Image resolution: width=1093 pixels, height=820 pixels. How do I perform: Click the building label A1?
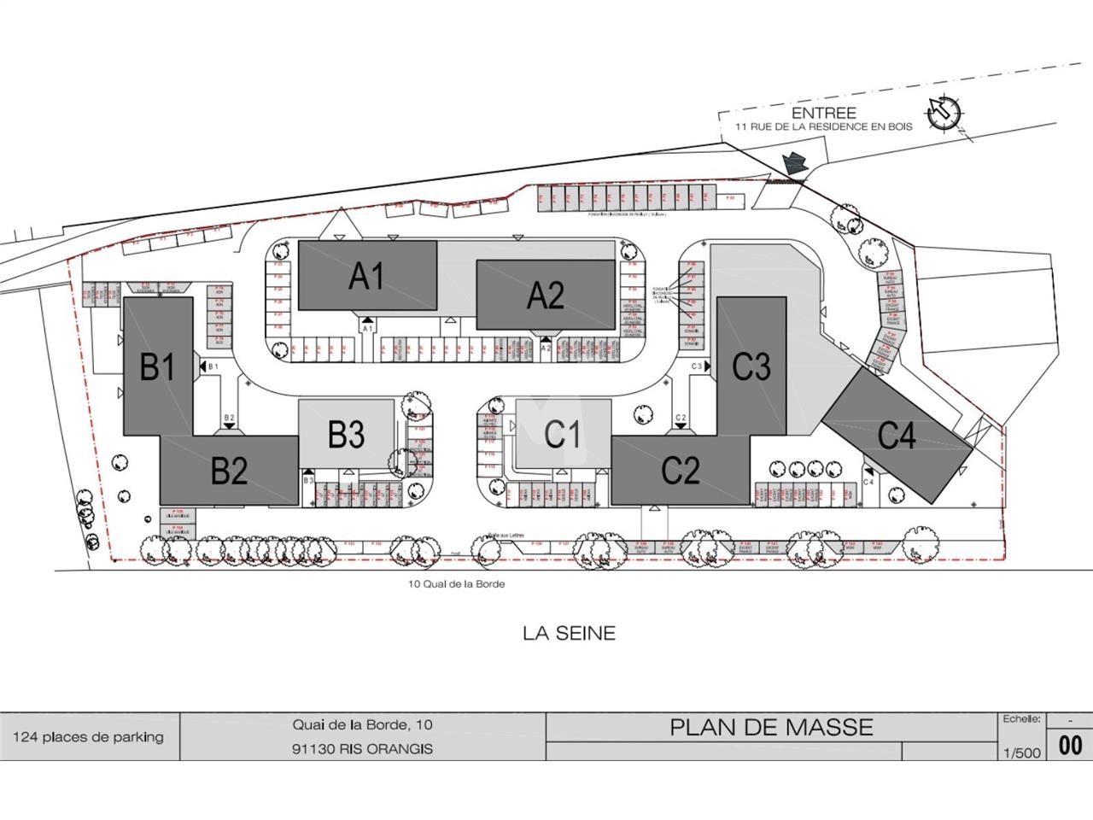[x=367, y=277]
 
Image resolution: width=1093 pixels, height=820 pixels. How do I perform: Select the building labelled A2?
[x=545, y=296]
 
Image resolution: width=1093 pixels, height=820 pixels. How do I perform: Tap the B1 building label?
[x=158, y=367]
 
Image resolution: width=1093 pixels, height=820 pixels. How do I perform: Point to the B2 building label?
[x=229, y=471]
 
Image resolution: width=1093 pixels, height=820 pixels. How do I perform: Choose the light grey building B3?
[x=347, y=435]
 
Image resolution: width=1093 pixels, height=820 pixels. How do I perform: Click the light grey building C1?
[x=563, y=434]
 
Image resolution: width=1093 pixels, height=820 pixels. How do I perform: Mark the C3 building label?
[x=751, y=366]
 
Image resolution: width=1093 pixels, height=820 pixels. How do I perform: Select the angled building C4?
[x=897, y=436]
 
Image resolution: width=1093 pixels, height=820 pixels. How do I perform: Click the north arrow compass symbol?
[x=944, y=112]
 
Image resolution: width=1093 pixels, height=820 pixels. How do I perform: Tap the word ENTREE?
[x=823, y=113]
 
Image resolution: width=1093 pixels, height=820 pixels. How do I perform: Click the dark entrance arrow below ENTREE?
[x=794, y=162]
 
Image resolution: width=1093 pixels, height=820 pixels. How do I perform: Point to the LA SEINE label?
[x=569, y=634]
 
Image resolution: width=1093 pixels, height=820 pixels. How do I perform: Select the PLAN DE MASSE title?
[x=771, y=727]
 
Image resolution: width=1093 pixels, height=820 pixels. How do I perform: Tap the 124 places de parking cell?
[x=88, y=737]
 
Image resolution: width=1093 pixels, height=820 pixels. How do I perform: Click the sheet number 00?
[x=1070, y=746]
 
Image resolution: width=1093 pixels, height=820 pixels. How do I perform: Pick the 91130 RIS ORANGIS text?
[x=362, y=749]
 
